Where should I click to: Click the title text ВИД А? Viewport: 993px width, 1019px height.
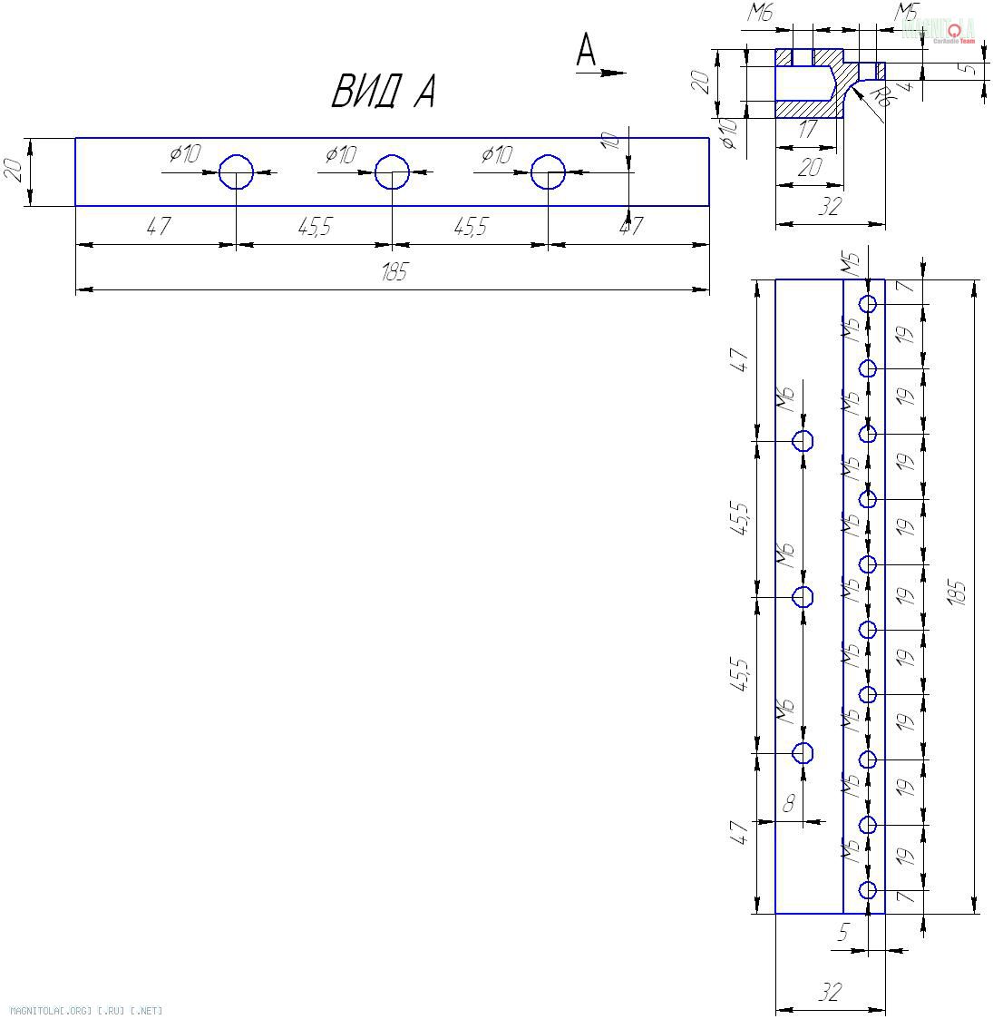click(383, 92)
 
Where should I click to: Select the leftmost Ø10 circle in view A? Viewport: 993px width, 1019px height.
click(236, 171)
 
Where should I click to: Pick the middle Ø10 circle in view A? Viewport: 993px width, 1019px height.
click(392, 171)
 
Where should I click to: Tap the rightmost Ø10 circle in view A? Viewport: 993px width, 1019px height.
click(548, 171)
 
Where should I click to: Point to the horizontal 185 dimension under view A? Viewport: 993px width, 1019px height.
click(394, 272)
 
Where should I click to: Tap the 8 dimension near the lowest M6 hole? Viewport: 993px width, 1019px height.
click(788, 803)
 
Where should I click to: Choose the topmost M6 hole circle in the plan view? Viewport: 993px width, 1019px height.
click(803, 441)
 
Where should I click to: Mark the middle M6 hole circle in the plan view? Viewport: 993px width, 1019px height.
click(803, 597)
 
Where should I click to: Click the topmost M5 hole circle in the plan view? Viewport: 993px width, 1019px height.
click(868, 304)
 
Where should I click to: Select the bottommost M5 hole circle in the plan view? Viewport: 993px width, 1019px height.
click(868, 890)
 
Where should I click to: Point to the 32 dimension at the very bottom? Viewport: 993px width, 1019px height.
click(830, 993)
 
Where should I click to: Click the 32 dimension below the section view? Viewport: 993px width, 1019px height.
click(830, 207)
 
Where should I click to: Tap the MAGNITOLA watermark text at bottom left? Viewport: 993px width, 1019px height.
click(85, 1010)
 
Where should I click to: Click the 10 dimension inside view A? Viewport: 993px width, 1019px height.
click(610, 142)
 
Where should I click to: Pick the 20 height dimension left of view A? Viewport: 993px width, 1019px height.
click(14, 171)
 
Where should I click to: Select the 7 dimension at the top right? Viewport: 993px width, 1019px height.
click(902, 288)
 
